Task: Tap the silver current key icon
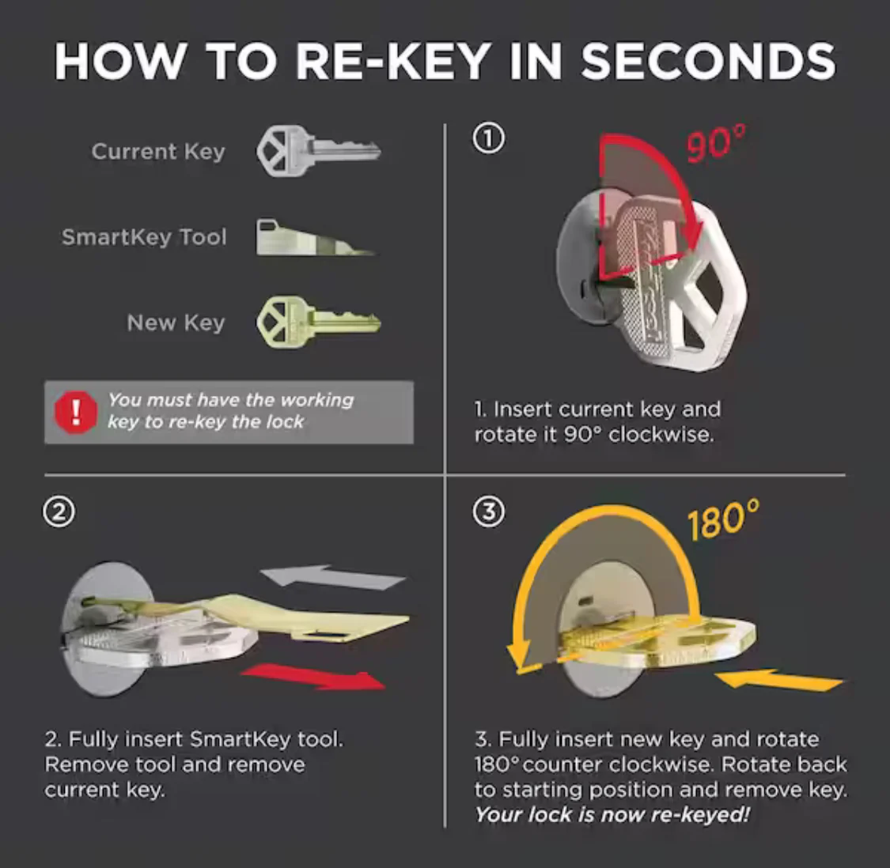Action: tap(319, 152)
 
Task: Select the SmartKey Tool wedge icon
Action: tap(315, 237)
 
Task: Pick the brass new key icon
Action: tap(319, 323)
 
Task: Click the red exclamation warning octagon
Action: tap(75, 413)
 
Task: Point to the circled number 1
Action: tap(488, 138)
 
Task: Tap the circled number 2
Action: tap(59, 512)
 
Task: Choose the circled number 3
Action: tap(488, 511)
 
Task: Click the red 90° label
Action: tap(715, 144)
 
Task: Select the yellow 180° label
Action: tap(722, 519)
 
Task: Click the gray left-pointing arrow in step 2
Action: tap(332, 578)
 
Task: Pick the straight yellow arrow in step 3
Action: tap(778, 680)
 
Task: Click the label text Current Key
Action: tap(158, 152)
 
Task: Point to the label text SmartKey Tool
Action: tap(144, 237)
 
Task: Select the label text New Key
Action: tap(176, 323)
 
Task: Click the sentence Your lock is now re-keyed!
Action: tap(612, 815)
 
